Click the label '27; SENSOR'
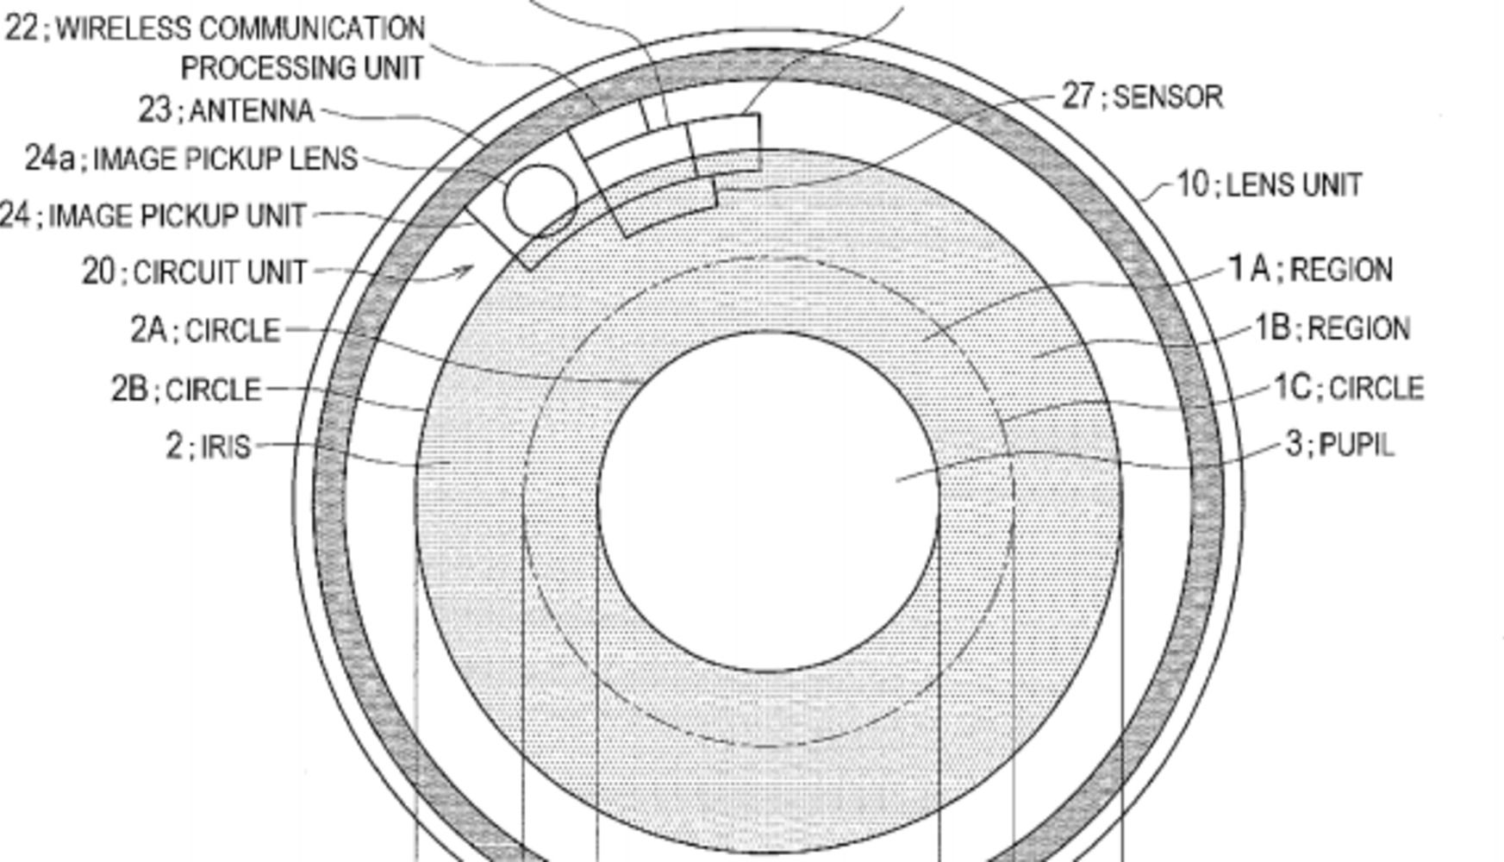tap(1142, 97)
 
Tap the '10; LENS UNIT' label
tap(1269, 184)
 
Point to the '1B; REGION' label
tap(1332, 328)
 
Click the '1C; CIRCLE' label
tap(1349, 388)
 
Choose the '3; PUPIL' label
tap(1339, 445)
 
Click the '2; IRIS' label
tap(208, 447)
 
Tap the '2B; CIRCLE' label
tap(185, 390)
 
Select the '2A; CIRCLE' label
tap(205, 330)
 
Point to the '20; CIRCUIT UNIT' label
tap(194, 272)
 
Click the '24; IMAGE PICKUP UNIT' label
tap(153, 215)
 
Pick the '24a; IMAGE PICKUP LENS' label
tap(190, 159)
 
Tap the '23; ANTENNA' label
tap(226, 110)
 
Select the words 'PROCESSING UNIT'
tap(302, 68)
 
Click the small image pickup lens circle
tap(541, 201)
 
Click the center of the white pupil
tap(769, 502)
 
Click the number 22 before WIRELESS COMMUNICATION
tap(22, 28)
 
